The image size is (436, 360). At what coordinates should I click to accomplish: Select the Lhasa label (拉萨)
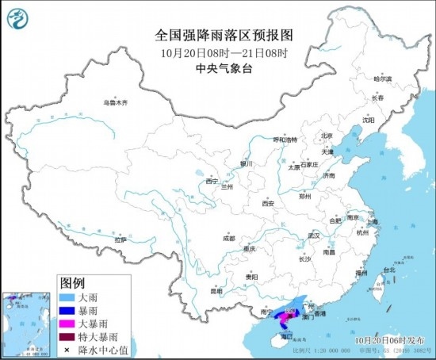pyautogui.click(x=120, y=239)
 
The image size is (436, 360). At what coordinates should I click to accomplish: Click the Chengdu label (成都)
pyautogui.click(x=229, y=237)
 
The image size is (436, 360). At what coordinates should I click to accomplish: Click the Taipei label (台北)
pyautogui.click(x=388, y=270)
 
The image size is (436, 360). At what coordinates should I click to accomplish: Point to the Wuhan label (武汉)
pyautogui.click(x=312, y=236)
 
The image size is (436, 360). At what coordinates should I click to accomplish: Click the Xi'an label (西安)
pyautogui.click(x=266, y=204)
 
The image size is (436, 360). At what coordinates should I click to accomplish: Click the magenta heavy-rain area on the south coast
pyautogui.click(x=281, y=320)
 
